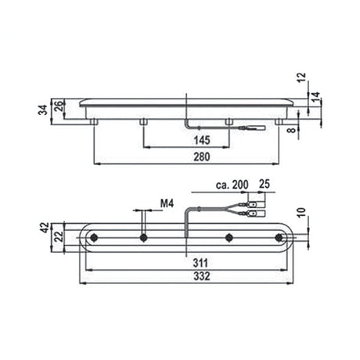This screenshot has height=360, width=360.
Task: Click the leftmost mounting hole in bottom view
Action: (x=95, y=237)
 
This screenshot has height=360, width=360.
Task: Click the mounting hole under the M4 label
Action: (x=142, y=237)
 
